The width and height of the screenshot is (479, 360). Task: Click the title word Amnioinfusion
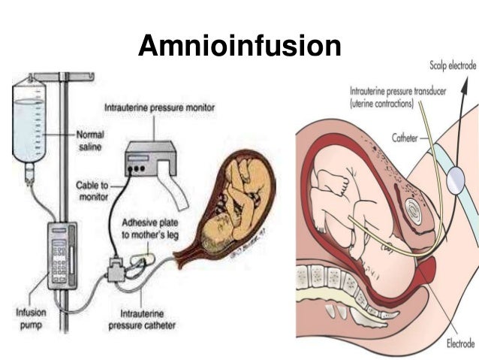[239, 46]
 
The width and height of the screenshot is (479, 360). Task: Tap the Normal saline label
[90, 141]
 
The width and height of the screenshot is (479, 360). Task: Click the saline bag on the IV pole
[29, 120]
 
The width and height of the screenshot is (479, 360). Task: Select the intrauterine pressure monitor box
[151, 159]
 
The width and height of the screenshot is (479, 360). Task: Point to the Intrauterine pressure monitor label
[159, 108]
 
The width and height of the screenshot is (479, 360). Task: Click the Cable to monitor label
[92, 191]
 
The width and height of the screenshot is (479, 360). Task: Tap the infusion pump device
[62, 256]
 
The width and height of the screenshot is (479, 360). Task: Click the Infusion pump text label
[32, 319]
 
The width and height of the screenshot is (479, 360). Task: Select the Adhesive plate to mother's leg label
[150, 228]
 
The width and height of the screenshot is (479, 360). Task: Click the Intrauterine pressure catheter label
[142, 319]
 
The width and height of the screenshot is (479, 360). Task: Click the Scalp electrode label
[453, 65]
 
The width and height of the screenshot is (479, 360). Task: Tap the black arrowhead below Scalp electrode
[464, 83]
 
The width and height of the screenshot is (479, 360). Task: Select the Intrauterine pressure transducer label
[398, 97]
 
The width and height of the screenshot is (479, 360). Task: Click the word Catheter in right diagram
[405, 138]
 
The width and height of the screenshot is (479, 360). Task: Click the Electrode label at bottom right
[461, 343]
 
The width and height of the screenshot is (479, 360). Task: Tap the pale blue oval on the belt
[455, 180]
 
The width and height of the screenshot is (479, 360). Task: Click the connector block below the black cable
[116, 269]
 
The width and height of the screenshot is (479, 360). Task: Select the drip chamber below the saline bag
[29, 174]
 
